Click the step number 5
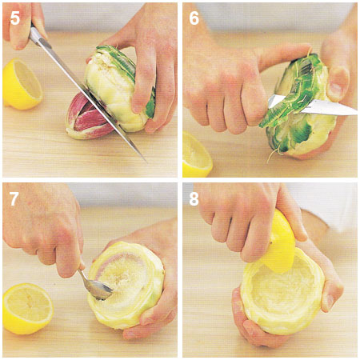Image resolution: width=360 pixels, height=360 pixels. click(x=15, y=18)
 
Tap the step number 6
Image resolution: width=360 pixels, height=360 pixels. click(x=194, y=18)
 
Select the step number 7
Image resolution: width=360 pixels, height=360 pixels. click(x=14, y=198)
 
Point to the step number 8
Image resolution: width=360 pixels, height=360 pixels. click(x=194, y=198)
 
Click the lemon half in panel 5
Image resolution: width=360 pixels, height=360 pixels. click(x=22, y=84)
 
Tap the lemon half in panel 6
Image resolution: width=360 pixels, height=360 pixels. click(x=197, y=154)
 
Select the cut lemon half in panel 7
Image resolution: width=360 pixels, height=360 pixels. click(x=28, y=309)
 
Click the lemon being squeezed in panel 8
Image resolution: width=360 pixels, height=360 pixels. click(x=278, y=244)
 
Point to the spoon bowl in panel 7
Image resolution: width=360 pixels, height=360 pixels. click(x=99, y=290)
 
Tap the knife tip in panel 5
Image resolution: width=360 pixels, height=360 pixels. click(x=146, y=162)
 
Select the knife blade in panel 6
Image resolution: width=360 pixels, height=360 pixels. click(x=314, y=106)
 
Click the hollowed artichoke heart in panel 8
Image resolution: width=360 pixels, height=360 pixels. click(x=282, y=294)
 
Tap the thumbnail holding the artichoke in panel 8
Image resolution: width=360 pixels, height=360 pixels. click(x=330, y=302)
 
